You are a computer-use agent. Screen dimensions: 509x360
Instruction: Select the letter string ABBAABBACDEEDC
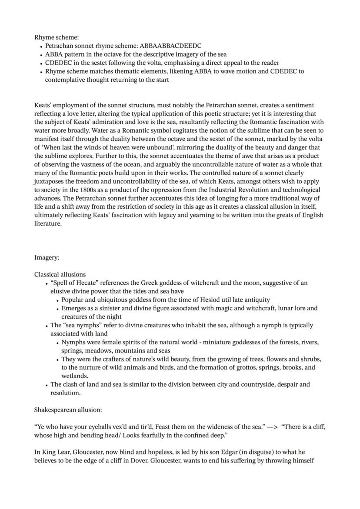pos(170,46)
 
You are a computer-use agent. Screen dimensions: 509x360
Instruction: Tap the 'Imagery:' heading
pos(47,258)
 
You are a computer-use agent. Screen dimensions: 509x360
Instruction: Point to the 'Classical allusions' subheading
pos(60,275)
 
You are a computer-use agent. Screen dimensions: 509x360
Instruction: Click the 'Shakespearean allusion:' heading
pos(68,410)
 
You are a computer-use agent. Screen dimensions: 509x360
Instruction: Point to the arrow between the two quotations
pos(272,427)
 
